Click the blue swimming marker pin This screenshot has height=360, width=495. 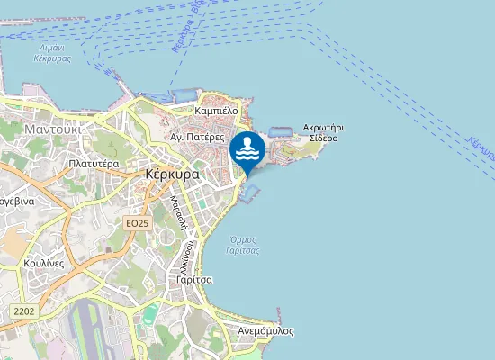click(x=247, y=150)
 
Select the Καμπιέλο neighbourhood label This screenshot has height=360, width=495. click(x=216, y=111)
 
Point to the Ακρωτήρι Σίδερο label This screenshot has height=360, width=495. click(x=323, y=134)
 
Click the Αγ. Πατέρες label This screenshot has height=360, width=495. click(x=196, y=138)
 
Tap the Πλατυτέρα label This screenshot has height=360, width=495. click(x=94, y=165)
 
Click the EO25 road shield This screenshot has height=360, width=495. click(x=137, y=222)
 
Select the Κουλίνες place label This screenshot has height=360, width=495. click(x=44, y=263)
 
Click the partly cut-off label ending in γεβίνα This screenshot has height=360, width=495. click(x=16, y=202)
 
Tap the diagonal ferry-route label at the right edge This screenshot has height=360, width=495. click(x=481, y=144)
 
